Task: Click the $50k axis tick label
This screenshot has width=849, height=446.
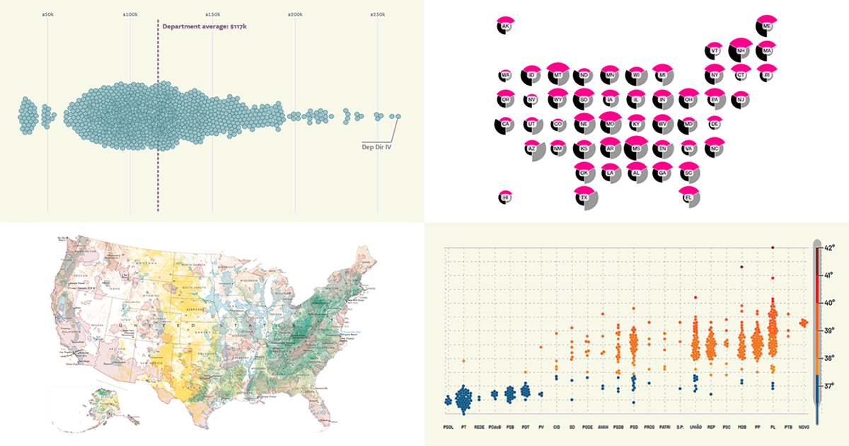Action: [x=47, y=14]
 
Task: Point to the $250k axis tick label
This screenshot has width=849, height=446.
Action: [x=377, y=14]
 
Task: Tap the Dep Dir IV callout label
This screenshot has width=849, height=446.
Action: [x=376, y=147]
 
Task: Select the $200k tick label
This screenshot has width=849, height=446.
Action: [x=294, y=14]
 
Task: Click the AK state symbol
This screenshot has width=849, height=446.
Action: [x=505, y=26]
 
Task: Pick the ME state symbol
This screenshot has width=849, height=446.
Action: [x=766, y=26]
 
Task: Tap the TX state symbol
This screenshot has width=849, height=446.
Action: [x=584, y=198]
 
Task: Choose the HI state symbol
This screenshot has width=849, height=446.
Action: [x=505, y=198]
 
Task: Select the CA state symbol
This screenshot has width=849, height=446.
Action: [x=505, y=125]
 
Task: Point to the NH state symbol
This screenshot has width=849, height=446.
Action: [x=739, y=51]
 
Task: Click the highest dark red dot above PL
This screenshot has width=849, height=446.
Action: [x=773, y=247]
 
